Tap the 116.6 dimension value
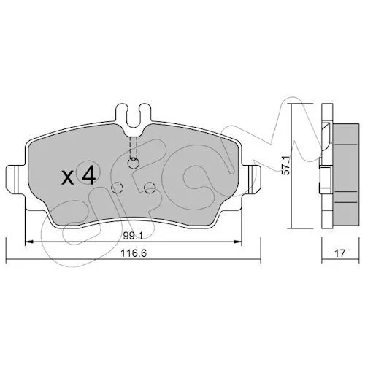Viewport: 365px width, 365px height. click(134, 253)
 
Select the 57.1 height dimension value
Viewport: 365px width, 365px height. click(285, 166)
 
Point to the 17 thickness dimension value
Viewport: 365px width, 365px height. click(340, 253)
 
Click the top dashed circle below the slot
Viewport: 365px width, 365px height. click(134, 164)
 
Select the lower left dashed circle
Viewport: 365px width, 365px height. click(117, 188)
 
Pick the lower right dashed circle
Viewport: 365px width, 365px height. click(150, 188)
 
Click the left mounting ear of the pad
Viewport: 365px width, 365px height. click(15, 180)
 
